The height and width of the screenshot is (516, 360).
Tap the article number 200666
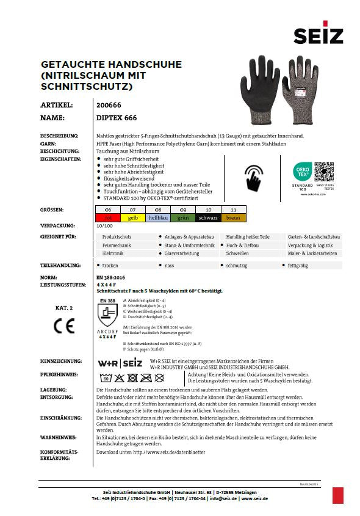point(109,105)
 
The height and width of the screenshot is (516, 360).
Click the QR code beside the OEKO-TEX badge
point(323,172)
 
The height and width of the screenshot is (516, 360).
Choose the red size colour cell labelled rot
point(108,217)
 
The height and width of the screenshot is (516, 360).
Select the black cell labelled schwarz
point(207,217)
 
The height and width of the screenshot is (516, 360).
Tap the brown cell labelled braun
point(233,217)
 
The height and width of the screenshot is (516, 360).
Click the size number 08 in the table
point(157,209)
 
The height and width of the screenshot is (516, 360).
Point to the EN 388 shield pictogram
point(107,315)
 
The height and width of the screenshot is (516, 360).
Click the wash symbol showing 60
point(102,377)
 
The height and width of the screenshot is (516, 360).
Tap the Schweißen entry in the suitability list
point(237,252)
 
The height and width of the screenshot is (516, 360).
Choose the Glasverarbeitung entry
point(180,252)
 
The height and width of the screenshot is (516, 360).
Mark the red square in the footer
point(337,495)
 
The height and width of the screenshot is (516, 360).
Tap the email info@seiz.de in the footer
point(225,499)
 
